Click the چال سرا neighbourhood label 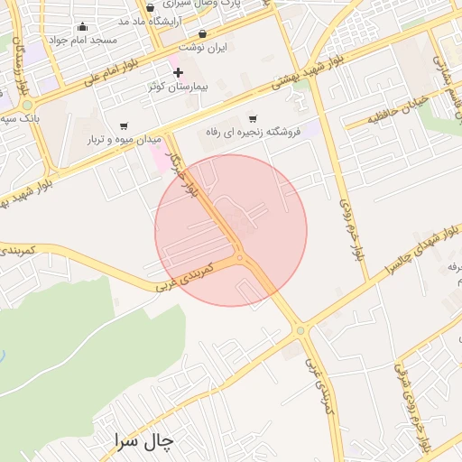[143, 441]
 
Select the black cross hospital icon [178, 72]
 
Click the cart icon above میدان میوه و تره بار [124, 125]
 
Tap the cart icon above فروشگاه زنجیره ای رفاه [252, 117]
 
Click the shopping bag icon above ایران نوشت [202, 33]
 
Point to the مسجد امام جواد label [85, 41]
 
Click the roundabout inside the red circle [241, 260]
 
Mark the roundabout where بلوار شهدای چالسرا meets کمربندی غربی [300, 331]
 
